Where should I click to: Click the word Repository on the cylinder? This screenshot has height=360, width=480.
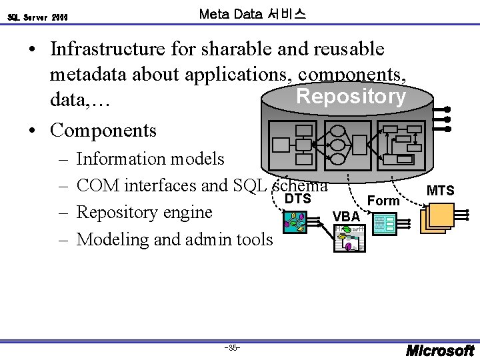tap(351, 97)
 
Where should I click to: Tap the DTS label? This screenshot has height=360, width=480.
tap(297, 199)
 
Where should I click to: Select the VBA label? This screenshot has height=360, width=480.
tap(346, 217)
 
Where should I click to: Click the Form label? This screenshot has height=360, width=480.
tap(383, 201)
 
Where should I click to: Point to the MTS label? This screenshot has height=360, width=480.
tap(440, 191)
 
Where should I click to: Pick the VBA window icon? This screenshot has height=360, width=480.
tap(350, 238)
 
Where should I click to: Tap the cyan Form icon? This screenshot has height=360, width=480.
tap(385, 223)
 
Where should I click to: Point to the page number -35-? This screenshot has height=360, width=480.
tap(233, 348)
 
